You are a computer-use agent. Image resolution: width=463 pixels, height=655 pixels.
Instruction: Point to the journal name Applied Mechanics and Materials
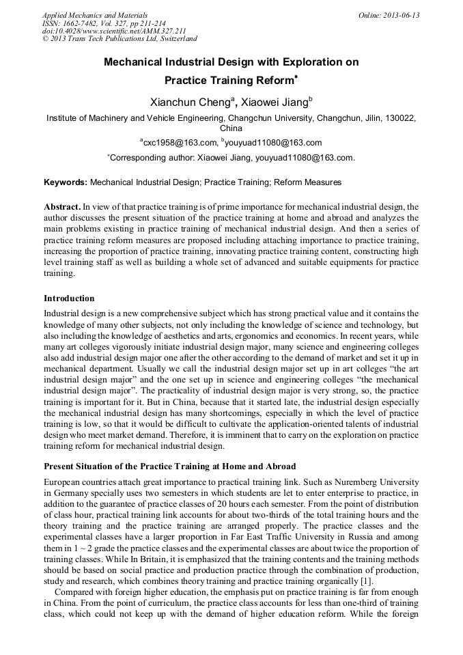(x=94, y=15)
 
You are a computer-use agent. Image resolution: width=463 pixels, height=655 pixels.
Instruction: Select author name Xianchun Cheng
(x=191, y=102)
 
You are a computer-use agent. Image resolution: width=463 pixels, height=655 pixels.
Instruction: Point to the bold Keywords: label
(x=66, y=182)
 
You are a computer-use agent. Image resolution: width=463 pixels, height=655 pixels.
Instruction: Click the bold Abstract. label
(x=62, y=206)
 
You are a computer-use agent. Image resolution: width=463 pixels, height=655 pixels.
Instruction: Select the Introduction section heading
(x=69, y=298)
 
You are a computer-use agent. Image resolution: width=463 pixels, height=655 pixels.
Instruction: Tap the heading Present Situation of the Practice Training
(x=169, y=466)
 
